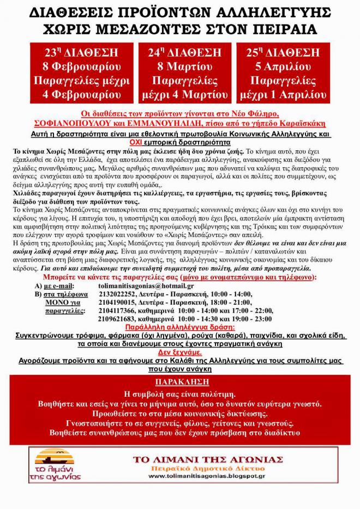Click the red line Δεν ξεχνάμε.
(x=180, y=352)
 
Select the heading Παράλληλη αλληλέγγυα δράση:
(x=180, y=328)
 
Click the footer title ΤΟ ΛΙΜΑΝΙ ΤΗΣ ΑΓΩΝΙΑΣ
(x=207, y=459)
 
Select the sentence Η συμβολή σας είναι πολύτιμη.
(x=180, y=393)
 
